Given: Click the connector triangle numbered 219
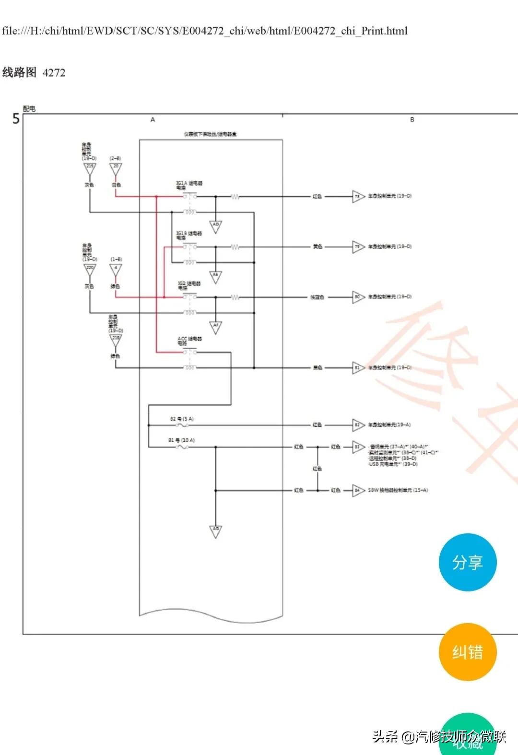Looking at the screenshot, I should point(90,168).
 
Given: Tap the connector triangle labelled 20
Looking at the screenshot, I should point(116,168).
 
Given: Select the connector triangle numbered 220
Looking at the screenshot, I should point(90,270).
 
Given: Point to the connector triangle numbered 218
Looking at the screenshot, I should point(116,340).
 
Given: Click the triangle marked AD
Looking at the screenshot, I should point(216,226).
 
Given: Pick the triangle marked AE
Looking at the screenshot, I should point(216,276).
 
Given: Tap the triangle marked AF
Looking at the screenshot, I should point(216,327).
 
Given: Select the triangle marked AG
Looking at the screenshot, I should point(216,531).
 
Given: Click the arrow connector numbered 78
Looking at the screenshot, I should point(358,196).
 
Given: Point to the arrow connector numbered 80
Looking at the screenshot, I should point(358,297).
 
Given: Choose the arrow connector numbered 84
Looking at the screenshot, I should point(358,490).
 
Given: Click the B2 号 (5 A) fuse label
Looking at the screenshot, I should point(182,419).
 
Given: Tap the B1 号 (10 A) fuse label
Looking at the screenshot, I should point(181,440).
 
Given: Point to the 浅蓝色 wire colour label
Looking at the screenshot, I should point(317,297).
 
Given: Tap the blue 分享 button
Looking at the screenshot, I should point(468,562).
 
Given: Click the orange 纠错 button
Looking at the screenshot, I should point(468,652).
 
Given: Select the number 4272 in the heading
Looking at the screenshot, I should point(54,73).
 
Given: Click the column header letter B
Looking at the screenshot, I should point(412,119).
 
